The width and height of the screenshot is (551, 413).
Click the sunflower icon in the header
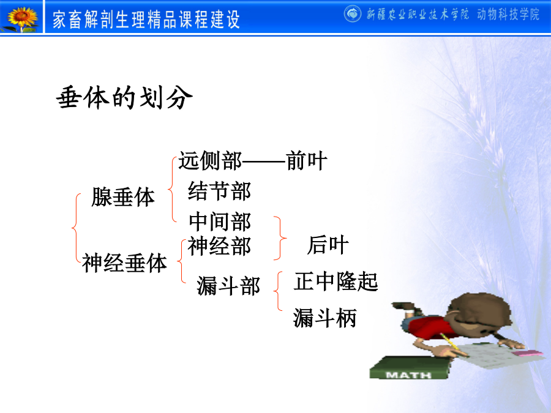[22, 18]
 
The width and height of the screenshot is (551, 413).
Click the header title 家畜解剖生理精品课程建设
[146, 20]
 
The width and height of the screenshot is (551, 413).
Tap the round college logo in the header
[352, 14]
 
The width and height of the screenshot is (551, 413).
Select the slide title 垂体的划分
[124, 97]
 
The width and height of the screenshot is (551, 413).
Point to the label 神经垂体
[124, 262]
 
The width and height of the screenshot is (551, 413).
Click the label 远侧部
[210, 161]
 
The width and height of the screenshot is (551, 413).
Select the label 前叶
[307, 161]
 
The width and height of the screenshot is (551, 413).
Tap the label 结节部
[220, 191]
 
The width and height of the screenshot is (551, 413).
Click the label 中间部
[220, 221]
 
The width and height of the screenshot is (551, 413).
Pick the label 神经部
[219, 246]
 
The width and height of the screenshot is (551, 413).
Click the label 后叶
[328, 245]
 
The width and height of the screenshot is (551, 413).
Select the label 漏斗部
[228, 286]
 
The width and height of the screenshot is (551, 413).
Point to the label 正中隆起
[336, 281]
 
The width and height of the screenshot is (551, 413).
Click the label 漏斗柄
[325, 318]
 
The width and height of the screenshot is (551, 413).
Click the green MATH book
[410, 368]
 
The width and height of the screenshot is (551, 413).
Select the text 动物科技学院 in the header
[508, 15]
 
